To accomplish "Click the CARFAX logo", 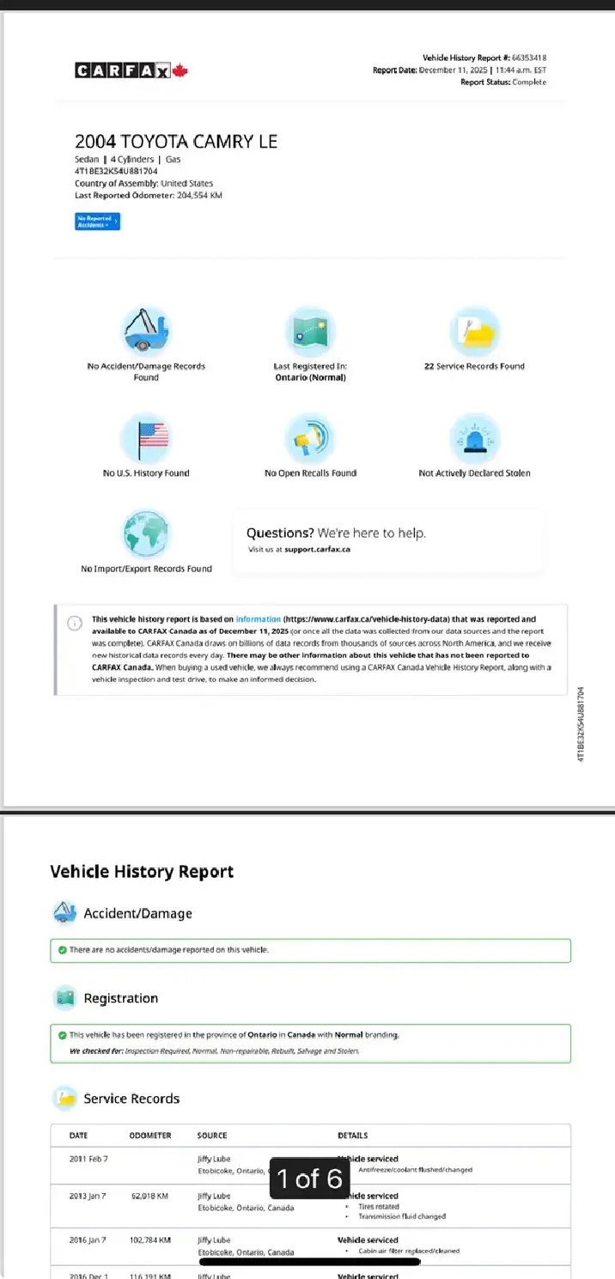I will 131,70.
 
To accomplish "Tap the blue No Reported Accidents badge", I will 97,222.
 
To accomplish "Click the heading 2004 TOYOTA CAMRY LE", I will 176,142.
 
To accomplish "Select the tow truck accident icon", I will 146,331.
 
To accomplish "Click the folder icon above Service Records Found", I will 474,332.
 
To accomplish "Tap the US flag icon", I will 146,438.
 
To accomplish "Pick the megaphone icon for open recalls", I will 310,438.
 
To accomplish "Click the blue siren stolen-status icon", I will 474,438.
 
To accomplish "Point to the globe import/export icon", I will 146,534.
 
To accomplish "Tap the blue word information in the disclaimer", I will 258,618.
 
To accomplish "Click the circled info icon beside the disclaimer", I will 75,624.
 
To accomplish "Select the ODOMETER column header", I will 150,1136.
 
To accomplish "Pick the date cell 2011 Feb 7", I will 88,1159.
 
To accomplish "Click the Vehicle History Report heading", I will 142,872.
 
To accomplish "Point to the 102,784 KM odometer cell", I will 149,1240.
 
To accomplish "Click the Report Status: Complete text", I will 503,82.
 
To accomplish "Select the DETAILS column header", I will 353,1136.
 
